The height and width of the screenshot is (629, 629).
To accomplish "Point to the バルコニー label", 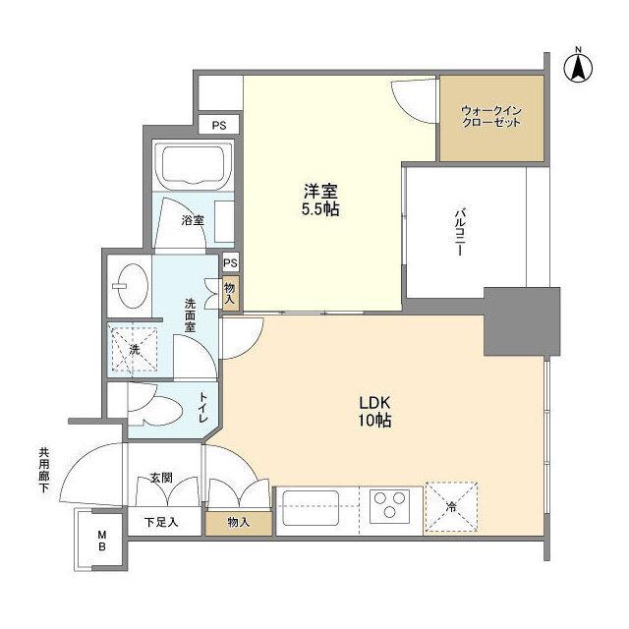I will click(x=458, y=232).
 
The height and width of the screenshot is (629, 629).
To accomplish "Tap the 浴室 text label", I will click(x=193, y=221).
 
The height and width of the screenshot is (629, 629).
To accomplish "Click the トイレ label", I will click(x=204, y=407).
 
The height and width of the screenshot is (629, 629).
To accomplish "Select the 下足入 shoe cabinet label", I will click(x=161, y=522).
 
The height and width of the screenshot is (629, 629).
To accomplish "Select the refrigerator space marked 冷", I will click(x=451, y=508).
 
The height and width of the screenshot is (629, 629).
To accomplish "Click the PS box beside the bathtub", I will click(x=219, y=125).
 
